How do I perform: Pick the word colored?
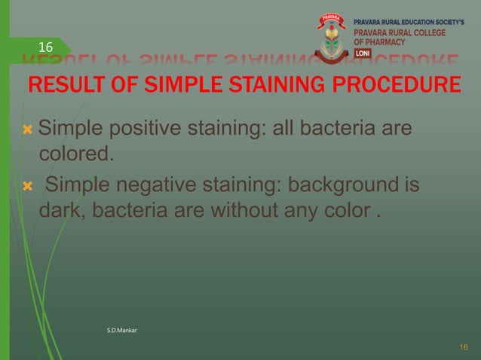(75, 155)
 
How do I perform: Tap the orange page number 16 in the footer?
(464, 346)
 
